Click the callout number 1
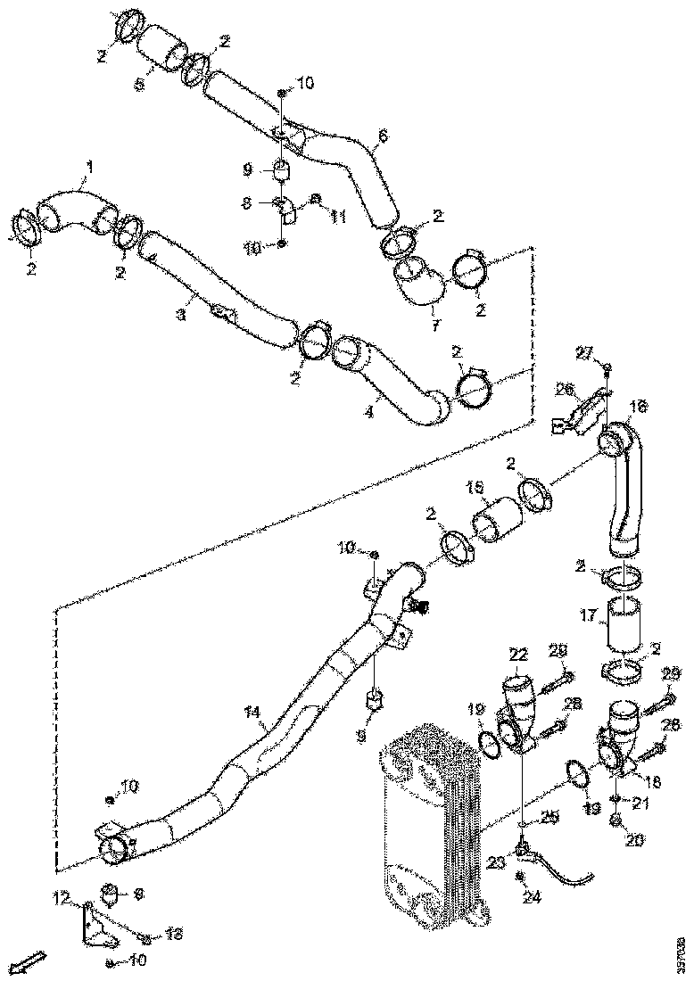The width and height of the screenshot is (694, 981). coord(88,166)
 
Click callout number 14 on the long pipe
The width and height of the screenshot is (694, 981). coord(253,713)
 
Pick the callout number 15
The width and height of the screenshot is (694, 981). coord(475,488)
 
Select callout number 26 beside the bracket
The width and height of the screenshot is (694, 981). coord(565,389)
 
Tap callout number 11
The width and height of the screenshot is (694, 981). coord(338,218)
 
